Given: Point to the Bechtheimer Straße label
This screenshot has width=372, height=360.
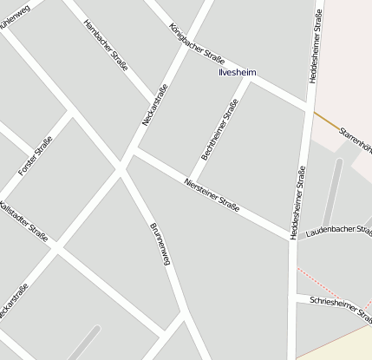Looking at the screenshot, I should click(219, 130).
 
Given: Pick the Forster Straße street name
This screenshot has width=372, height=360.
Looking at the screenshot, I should click(36, 156).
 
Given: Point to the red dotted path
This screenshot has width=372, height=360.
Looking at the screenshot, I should click(333, 287).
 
